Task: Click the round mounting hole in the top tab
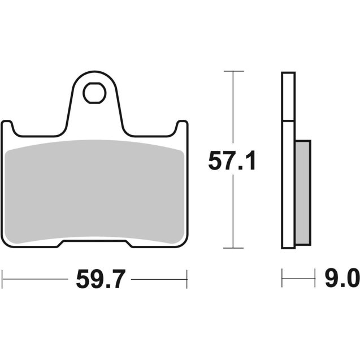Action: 94,94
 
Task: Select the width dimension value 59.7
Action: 99,279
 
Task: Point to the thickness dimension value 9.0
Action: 341,279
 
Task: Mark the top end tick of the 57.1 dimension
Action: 233,71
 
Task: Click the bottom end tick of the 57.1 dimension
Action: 233,248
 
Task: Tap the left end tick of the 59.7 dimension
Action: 3,278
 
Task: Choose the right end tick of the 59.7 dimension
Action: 186,278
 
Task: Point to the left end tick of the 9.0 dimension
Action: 282,278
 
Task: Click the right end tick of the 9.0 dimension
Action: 314,278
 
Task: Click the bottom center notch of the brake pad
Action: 95,245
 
